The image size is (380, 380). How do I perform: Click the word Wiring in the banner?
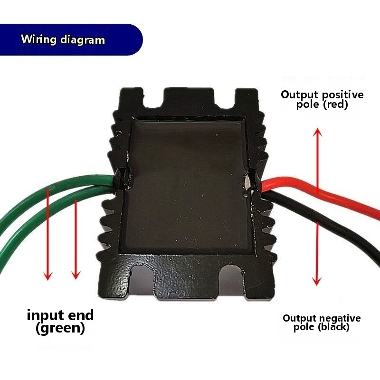39,39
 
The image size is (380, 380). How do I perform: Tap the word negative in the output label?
341,318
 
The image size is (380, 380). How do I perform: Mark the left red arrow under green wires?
47,233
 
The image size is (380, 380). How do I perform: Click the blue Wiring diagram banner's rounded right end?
135,39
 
